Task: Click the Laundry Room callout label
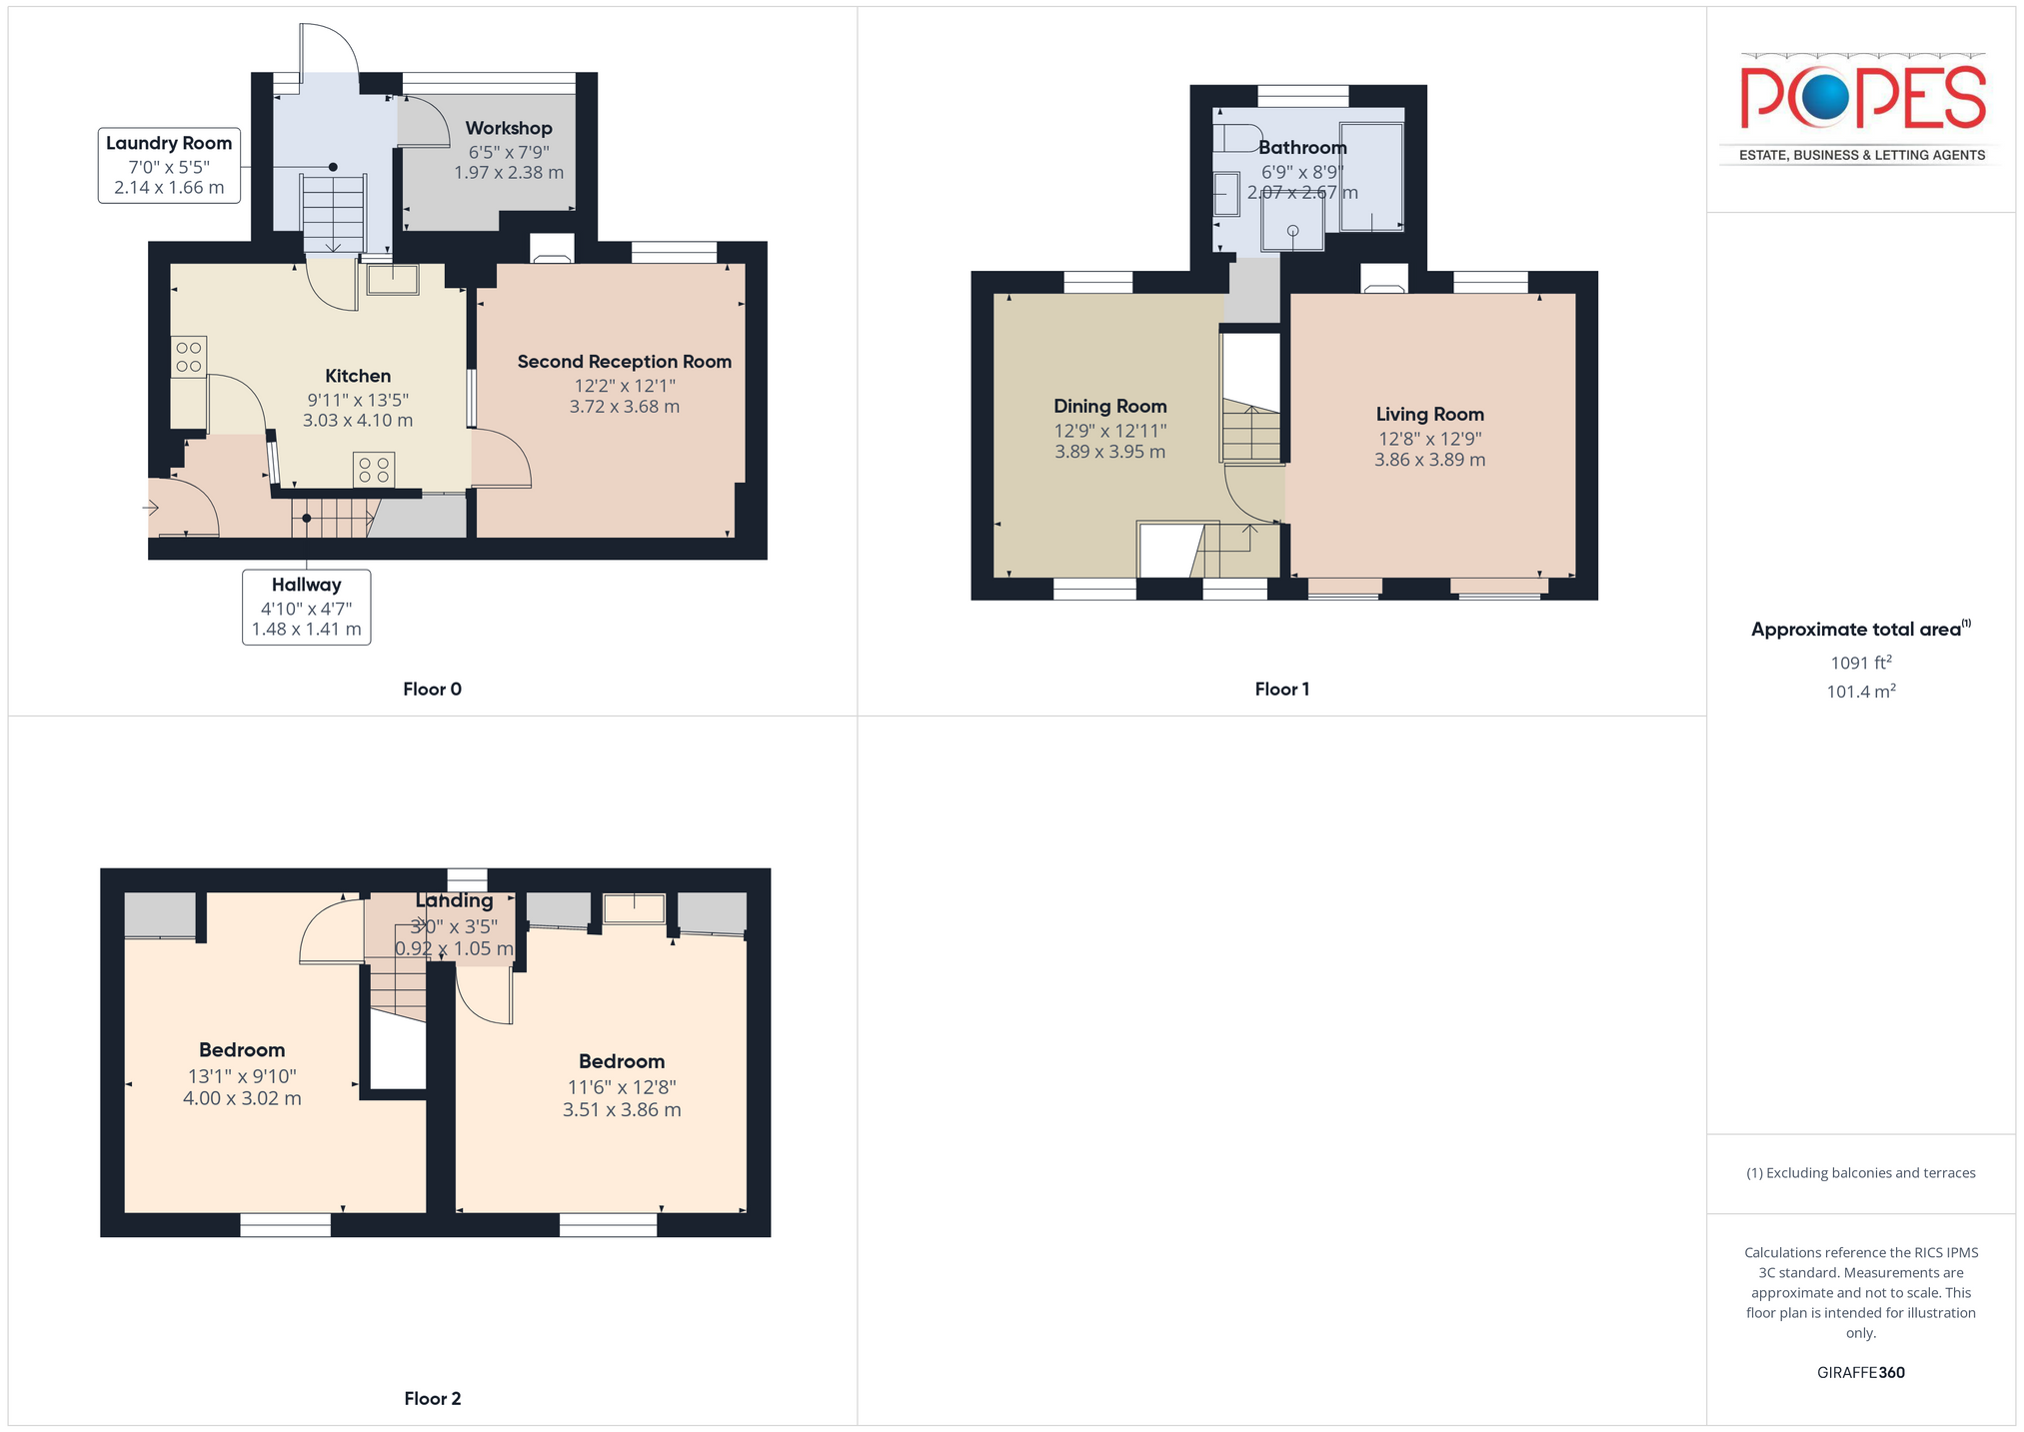click(169, 166)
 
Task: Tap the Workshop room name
click(509, 128)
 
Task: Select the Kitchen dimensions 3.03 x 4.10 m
click(358, 421)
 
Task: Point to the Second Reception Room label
click(625, 362)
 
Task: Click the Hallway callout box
click(307, 608)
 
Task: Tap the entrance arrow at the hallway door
click(151, 509)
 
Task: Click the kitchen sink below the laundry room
click(393, 280)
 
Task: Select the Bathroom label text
click(1302, 148)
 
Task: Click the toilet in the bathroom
click(1235, 138)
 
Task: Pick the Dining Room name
click(1110, 406)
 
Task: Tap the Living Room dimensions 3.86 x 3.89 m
click(1429, 461)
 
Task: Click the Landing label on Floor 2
click(455, 900)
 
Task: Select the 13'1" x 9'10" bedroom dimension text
click(242, 1076)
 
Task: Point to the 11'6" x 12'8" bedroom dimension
click(622, 1087)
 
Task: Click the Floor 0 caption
click(432, 690)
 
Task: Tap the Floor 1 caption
click(1282, 690)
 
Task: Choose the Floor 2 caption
click(433, 1399)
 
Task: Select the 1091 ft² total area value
click(1861, 663)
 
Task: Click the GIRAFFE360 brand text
click(1861, 1373)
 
